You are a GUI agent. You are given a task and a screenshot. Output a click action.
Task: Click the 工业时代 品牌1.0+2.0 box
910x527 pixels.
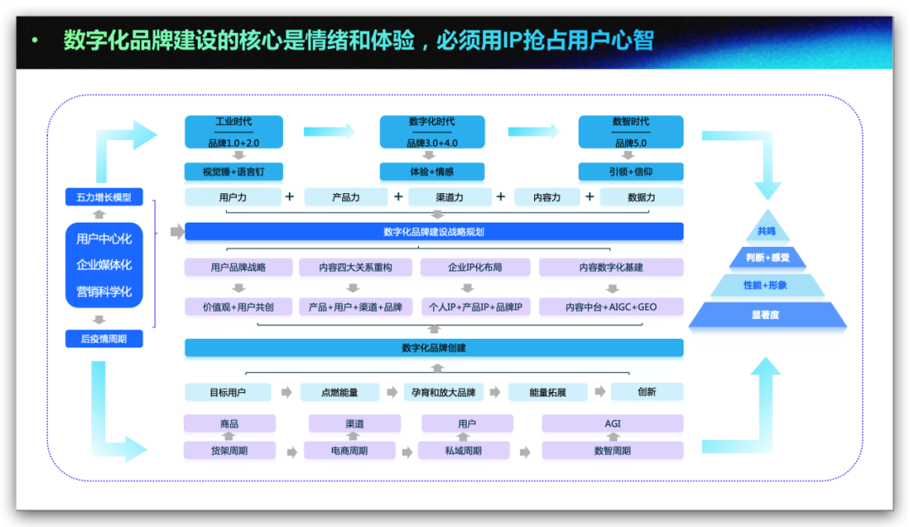[x=234, y=132]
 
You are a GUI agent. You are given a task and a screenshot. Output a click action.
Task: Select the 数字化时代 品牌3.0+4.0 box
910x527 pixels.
[x=431, y=132]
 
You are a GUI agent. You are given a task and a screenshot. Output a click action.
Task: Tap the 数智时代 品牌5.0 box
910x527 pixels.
[x=631, y=132]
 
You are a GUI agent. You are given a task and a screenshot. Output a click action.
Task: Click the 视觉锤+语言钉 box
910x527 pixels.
[x=233, y=171]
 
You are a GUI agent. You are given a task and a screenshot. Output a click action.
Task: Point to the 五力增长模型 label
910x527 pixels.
[x=104, y=197]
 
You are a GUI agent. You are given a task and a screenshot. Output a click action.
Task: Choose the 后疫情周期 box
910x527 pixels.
[x=104, y=339]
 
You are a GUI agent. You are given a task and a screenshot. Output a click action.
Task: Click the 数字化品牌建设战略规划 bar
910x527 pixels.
[x=434, y=232]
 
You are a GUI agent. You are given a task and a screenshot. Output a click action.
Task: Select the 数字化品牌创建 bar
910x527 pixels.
[x=434, y=347]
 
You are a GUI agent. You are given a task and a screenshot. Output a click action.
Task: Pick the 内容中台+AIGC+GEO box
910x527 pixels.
[x=611, y=307]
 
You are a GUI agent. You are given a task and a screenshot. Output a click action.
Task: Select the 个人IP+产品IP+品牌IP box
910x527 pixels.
[x=476, y=307]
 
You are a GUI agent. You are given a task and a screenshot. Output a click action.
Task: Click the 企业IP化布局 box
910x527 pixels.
[x=475, y=267]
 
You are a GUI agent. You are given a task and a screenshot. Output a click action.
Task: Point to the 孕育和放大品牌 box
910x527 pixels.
[x=443, y=392]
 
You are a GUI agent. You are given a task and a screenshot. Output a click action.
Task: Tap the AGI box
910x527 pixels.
[x=613, y=423]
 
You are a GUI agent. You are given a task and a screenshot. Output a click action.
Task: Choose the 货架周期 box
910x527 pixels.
[x=229, y=450]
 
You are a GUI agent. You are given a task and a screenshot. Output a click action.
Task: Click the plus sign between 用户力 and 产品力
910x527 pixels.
[x=290, y=197]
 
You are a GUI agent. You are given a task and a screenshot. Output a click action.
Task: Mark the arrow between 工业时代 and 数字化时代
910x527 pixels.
[x=329, y=132]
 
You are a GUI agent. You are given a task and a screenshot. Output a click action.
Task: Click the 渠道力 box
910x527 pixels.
[x=450, y=197]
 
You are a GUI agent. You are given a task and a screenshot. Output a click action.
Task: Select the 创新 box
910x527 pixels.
[x=647, y=392]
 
